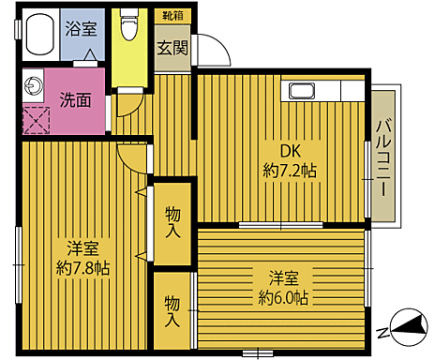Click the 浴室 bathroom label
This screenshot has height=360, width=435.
(80, 27)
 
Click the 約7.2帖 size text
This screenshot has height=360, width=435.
(289, 172)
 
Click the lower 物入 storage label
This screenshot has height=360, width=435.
(173, 309)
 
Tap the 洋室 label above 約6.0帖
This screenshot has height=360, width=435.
(283, 277)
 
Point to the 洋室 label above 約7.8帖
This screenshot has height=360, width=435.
(85, 248)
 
